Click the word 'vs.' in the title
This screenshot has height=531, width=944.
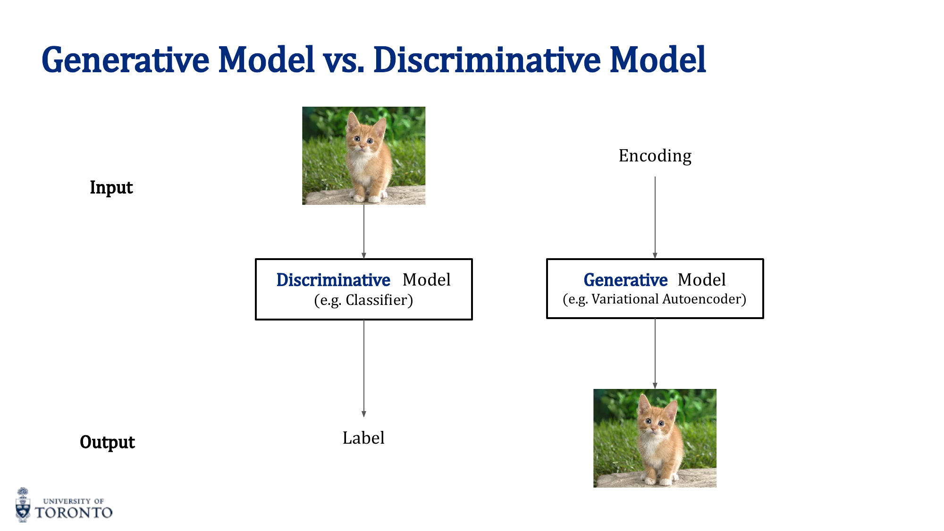(343, 61)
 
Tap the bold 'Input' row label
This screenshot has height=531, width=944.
(111, 187)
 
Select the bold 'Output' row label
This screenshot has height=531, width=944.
(107, 442)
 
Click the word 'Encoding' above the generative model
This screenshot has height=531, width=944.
(655, 156)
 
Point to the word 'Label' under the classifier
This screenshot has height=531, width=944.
(363, 438)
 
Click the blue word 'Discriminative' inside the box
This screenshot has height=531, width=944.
(333, 280)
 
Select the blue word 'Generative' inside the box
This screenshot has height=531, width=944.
(625, 280)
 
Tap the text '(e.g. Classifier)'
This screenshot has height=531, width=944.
(363, 300)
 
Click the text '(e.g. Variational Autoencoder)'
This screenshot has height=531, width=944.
(655, 299)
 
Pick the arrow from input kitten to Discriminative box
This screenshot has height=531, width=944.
(364, 231)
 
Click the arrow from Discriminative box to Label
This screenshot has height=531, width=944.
(364, 368)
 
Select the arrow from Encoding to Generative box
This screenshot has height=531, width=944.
(655, 217)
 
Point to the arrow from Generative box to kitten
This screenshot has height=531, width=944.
(655, 354)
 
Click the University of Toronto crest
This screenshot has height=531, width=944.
(23, 505)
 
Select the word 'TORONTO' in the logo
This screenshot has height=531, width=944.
(74, 513)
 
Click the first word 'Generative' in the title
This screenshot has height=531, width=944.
(126, 61)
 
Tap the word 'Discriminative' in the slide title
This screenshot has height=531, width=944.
(487, 61)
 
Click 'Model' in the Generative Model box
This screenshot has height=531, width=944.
(701, 280)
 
